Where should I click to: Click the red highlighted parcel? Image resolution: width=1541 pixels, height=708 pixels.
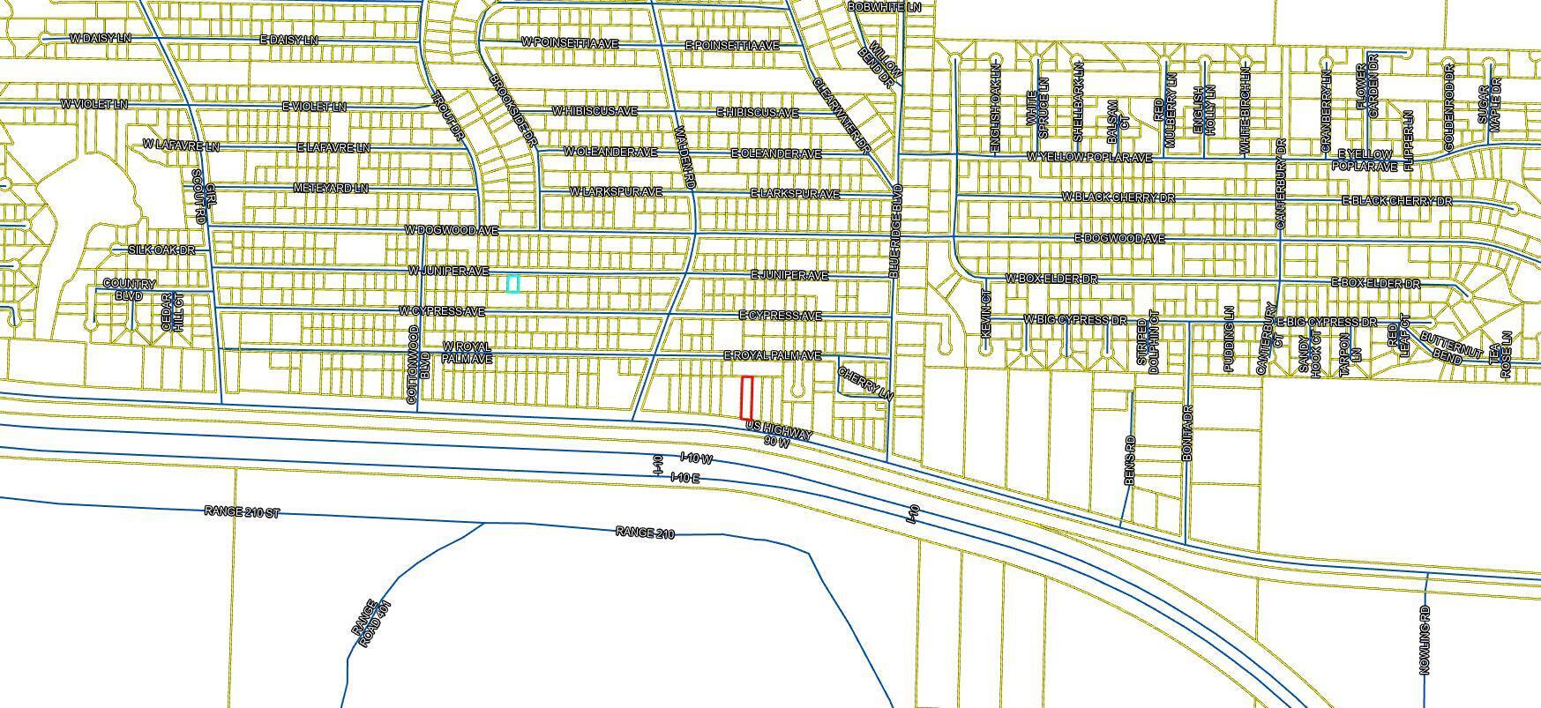coord(746,398)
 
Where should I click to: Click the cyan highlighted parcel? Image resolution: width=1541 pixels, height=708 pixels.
coord(513,283)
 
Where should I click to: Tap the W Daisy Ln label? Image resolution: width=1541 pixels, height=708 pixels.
coord(100,38)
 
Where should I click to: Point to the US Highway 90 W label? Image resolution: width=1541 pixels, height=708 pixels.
coord(779,434)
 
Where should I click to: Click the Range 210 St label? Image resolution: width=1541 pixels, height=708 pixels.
coord(241,511)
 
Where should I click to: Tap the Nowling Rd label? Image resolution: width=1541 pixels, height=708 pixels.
coord(1425,639)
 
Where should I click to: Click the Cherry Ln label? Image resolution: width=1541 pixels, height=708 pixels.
coord(865,384)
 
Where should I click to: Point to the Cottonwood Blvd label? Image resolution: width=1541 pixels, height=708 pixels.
coord(418,365)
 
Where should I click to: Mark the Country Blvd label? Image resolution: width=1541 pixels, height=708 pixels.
coord(129,290)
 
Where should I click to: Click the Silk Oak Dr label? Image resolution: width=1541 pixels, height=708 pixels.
coord(161,250)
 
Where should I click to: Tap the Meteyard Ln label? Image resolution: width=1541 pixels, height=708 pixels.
coord(331,189)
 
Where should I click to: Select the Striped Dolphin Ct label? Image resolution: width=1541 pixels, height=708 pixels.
coord(1148,346)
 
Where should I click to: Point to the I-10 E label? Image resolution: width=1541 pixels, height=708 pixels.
coord(684,477)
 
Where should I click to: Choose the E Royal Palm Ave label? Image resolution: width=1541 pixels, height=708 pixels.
coord(773,355)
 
